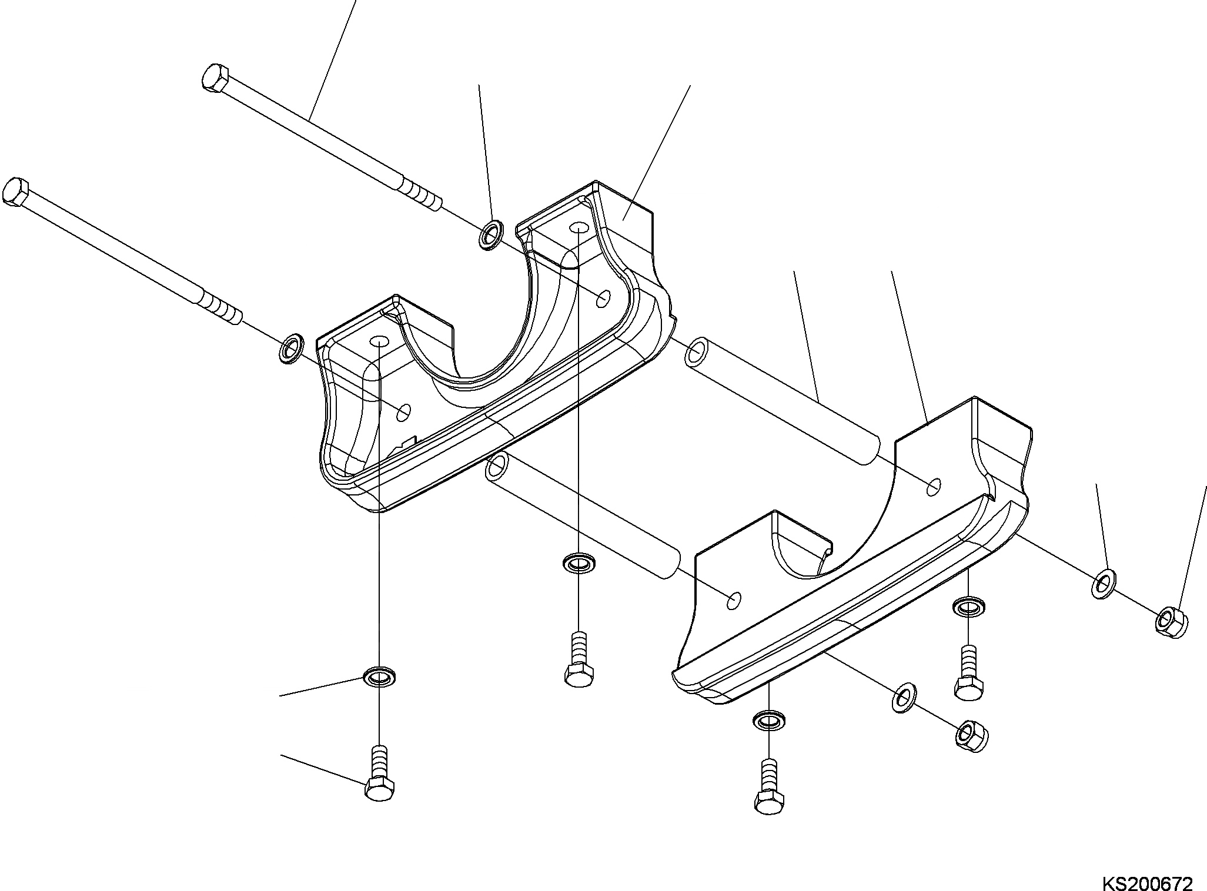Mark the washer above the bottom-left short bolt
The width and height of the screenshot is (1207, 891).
380,676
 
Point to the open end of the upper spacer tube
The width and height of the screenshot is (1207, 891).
697,353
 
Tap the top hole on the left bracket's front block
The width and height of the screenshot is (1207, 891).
379,341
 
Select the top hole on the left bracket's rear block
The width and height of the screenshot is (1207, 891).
579,227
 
